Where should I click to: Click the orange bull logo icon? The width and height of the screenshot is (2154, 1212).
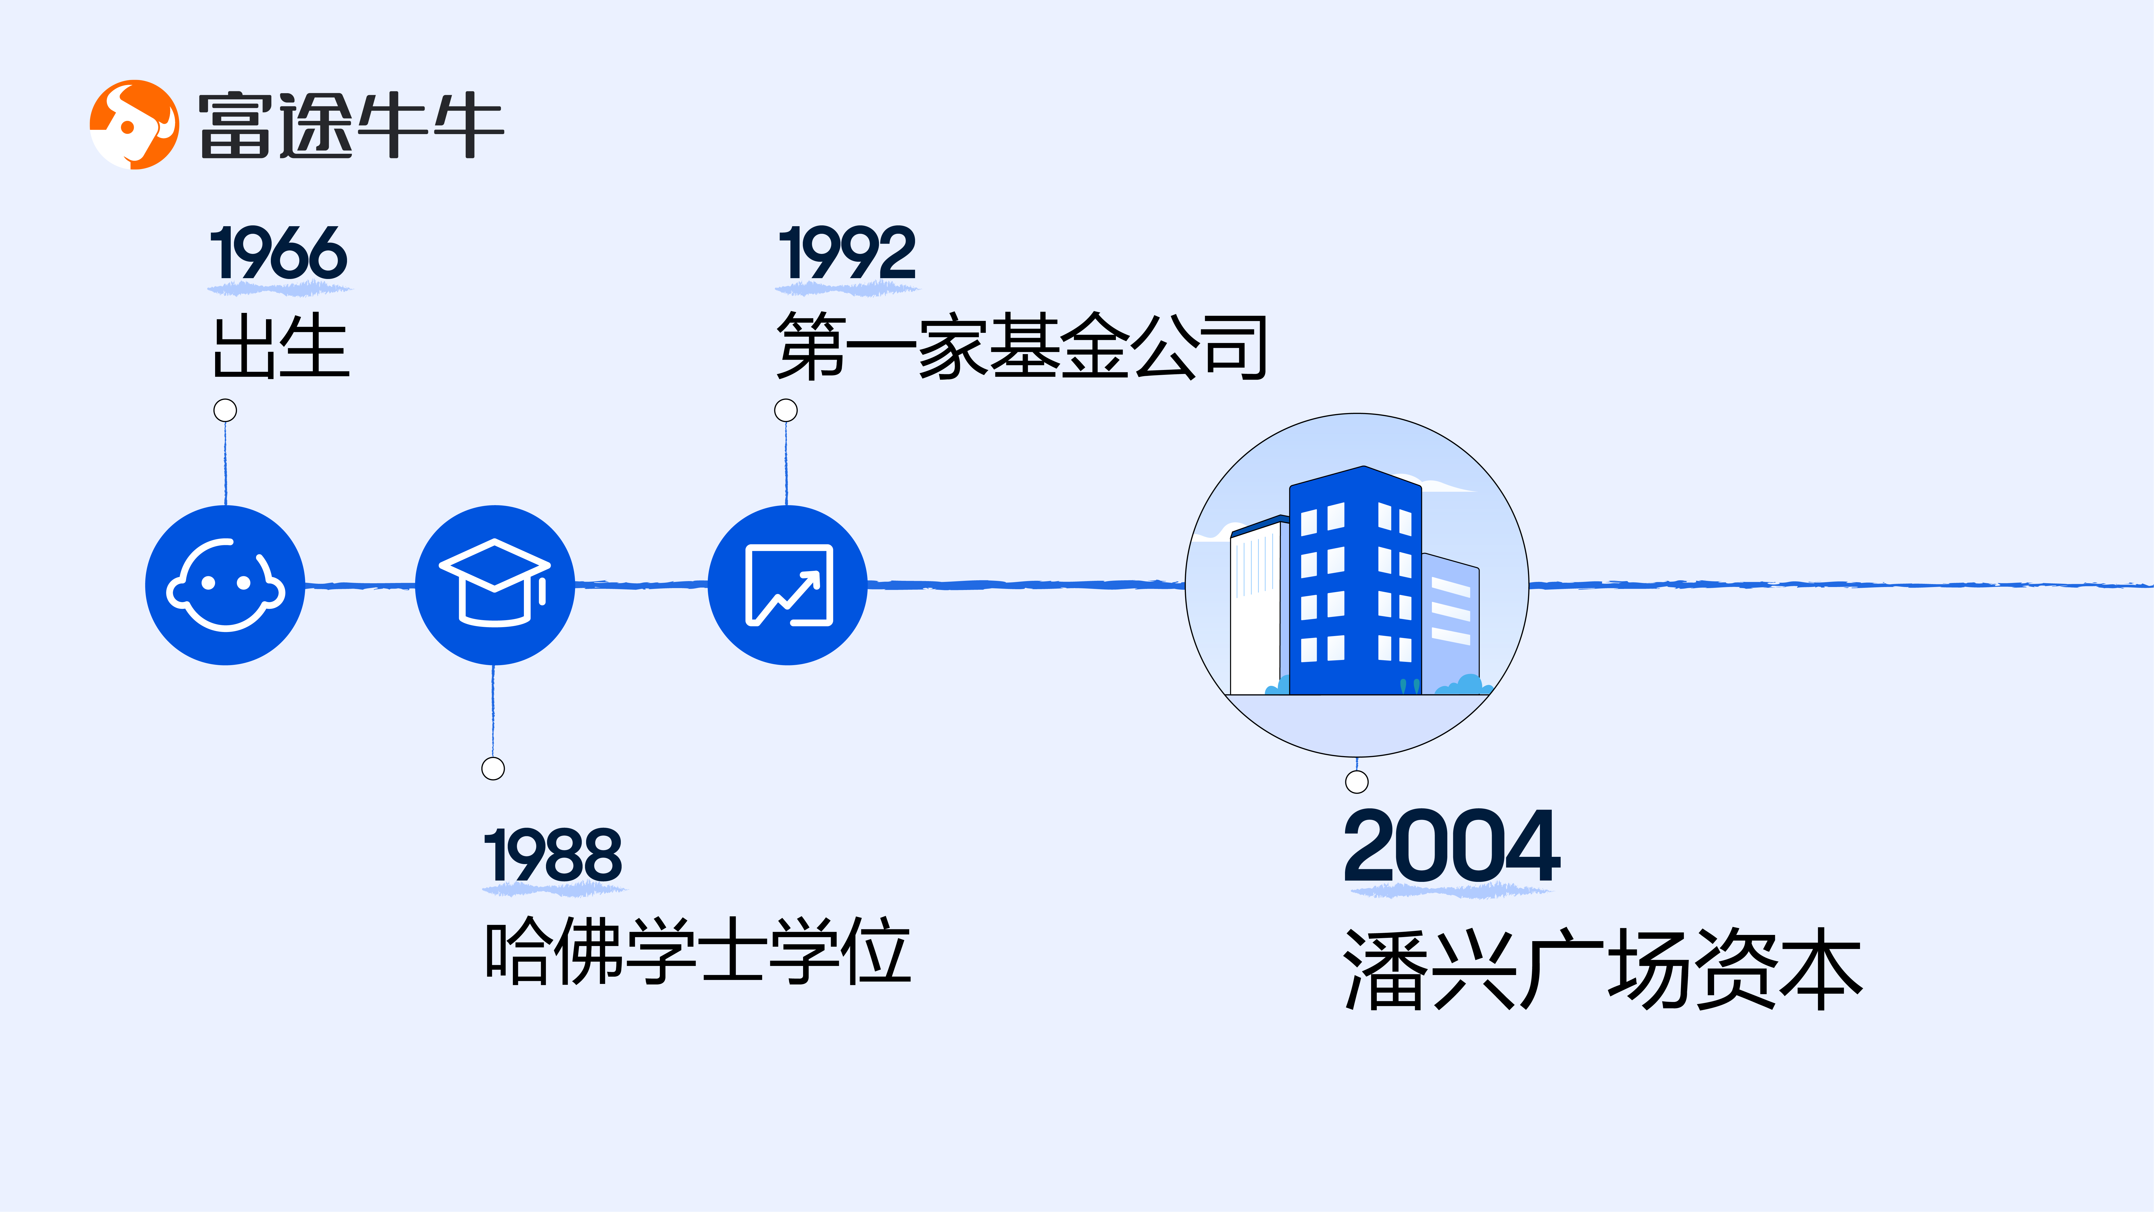pos(134,125)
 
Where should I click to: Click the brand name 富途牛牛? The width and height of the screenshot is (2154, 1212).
pos(350,125)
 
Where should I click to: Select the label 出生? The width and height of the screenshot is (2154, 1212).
pos(281,346)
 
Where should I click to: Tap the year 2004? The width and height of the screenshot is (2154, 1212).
pos(1452,847)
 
